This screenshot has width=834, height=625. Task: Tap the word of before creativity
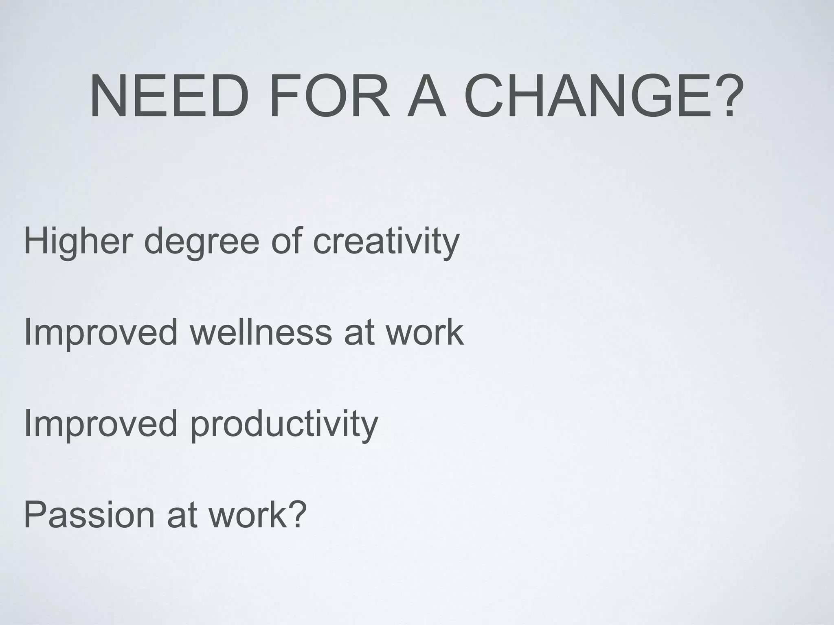click(285, 241)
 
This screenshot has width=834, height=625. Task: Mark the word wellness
click(261, 333)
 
